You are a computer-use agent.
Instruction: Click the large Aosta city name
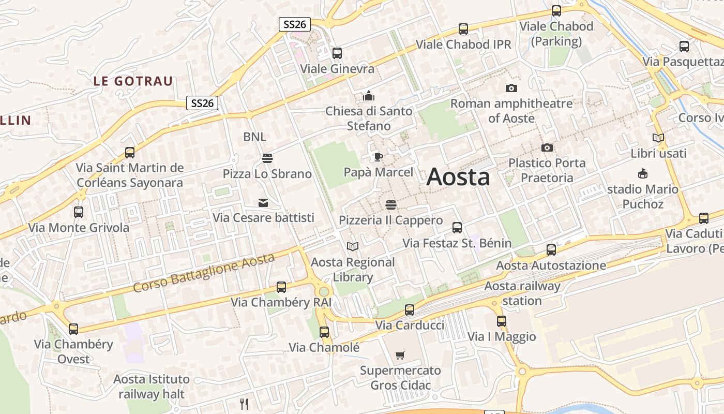(x=458, y=177)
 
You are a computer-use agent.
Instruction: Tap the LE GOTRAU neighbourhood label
(x=133, y=81)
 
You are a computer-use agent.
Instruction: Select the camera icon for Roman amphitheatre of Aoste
(x=511, y=88)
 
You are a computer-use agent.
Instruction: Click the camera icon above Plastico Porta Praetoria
(x=547, y=148)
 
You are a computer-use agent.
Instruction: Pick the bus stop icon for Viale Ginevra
(x=337, y=53)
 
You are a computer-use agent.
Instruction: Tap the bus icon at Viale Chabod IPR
(x=463, y=29)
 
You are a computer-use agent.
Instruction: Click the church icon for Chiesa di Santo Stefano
(x=369, y=96)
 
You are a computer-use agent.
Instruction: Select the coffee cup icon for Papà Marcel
(x=379, y=157)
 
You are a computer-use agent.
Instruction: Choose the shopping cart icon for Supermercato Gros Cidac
(x=400, y=355)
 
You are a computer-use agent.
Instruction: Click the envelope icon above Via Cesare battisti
(x=263, y=202)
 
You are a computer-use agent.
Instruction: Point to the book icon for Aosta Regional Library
(x=353, y=246)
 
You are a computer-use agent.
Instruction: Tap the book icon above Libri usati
(x=658, y=138)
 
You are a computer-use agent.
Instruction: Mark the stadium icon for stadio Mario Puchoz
(x=643, y=173)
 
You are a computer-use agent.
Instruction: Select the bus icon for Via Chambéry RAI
(x=281, y=287)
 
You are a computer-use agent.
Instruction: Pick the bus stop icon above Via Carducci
(x=410, y=310)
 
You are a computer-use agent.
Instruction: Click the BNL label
(x=255, y=137)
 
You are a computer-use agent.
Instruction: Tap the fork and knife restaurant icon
(x=244, y=404)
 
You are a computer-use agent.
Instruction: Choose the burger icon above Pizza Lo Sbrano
(x=267, y=158)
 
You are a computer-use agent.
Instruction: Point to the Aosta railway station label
(x=522, y=293)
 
